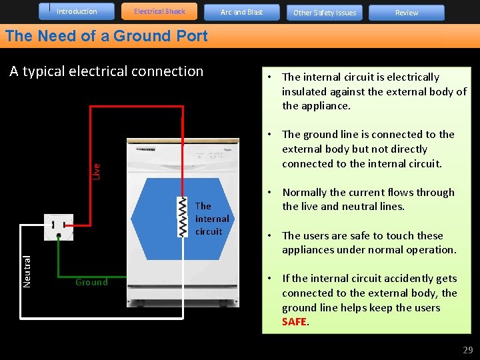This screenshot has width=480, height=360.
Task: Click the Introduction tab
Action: pos(77,11)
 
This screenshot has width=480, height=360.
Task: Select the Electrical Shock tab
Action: pos(159,11)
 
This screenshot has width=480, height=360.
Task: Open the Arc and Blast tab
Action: pos(241,12)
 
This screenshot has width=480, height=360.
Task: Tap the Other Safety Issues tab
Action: pos(325,13)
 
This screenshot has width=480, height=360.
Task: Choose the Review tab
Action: pos(407,13)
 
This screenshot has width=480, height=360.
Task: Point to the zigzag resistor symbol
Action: pos(182,217)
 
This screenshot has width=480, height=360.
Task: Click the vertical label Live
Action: pos(95,171)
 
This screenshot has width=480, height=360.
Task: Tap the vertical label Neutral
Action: pos(27,271)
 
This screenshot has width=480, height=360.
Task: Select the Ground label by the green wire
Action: pos(91,282)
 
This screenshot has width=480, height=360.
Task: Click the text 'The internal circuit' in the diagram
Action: pos(212,219)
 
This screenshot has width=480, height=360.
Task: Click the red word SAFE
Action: pos(294,322)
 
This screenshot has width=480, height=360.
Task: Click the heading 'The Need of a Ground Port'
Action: pos(107,36)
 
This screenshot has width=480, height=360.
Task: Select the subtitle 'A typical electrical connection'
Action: pos(106,71)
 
